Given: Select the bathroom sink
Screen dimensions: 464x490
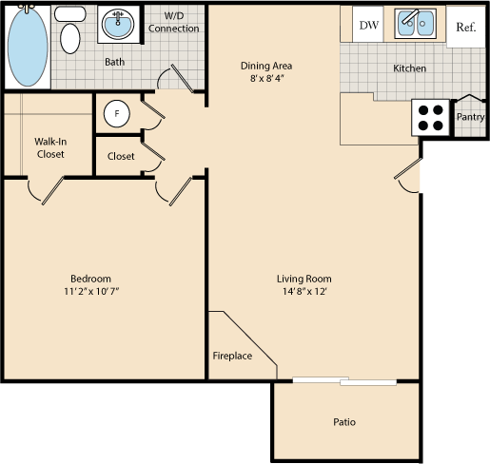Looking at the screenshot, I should pyautogui.click(x=119, y=26).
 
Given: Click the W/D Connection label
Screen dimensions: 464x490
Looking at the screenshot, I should pyautogui.click(x=174, y=23).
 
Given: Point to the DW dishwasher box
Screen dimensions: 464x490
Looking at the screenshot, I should pyautogui.click(x=368, y=26).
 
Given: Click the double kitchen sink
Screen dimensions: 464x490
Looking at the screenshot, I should pyautogui.click(x=415, y=25).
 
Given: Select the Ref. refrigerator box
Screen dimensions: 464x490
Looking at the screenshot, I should pyautogui.click(x=465, y=27).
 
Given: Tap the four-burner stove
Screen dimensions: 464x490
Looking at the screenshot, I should pyautogui.click(x=430, y=117).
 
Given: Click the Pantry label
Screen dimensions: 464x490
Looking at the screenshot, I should pyautogui.click(x=470, y=117).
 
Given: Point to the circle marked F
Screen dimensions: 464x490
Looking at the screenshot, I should pyautogui.click(x=117, y=114).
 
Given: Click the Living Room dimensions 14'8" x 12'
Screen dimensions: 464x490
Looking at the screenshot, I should pyautogui.click(x=304, y=293).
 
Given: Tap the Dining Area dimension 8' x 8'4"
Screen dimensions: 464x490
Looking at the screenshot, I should pyautogui.click(x=266, y=80).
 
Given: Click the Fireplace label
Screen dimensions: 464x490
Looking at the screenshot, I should pyautogui.click(x=232, y=356).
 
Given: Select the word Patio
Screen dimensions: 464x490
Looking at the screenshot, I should pyautogui.click(x=344, y=422).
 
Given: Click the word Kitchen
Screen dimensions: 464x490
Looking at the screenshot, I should pyautogui.click(x=409, y=68).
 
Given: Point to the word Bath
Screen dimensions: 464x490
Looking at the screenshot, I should pyautogui.click(x=115, y=63).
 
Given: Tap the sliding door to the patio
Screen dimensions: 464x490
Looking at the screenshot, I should pyautogui.click(x=344, y=381).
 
